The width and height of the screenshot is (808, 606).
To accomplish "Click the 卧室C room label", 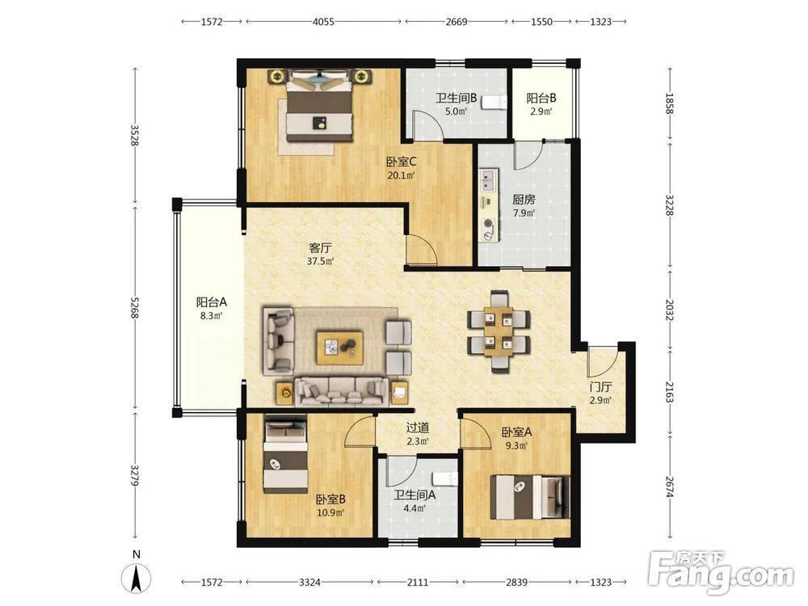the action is click(402, 162).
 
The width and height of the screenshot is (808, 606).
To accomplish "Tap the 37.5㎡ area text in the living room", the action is click(320, 261).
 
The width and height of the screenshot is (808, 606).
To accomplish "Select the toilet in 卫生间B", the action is click(492, 103).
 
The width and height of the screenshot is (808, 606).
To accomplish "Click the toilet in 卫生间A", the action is click(445, 478).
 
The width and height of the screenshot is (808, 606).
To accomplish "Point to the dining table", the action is click(499, 330).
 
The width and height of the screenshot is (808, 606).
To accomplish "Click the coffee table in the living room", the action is click(339, 347).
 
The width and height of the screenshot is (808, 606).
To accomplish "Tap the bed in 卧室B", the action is click(286, 456).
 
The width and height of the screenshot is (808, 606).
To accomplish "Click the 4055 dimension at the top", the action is click(324, 22).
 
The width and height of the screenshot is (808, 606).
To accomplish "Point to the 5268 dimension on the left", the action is click(134, 308).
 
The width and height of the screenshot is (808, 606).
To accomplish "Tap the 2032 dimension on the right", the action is click(669, 310).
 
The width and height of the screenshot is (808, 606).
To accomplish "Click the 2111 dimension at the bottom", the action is click(418, 583).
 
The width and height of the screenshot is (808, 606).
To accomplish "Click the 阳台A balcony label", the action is click(211, 302).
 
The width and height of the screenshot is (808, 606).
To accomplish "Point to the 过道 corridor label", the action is click(418, 427).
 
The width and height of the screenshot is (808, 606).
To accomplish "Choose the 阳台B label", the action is click(541, 98).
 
